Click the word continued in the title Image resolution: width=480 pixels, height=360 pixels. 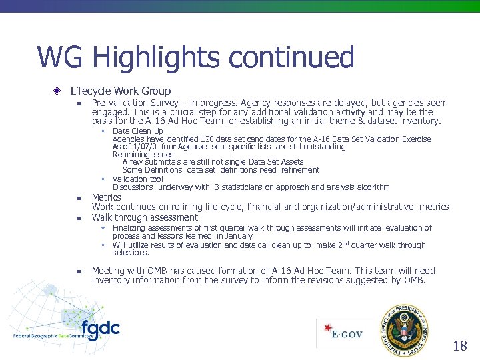tap(291, 58)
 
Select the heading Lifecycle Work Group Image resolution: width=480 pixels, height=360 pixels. tap(120, 91)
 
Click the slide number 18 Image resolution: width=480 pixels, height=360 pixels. tap(460, 345)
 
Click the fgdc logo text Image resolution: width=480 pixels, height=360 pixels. tap(100, 329)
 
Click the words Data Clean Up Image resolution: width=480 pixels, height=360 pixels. tap(138, 131)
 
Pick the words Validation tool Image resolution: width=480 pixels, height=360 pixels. tap(138, 179)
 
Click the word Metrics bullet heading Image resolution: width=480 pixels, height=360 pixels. tap(107, 197)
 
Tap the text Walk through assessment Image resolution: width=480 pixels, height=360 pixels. tap(145, 217)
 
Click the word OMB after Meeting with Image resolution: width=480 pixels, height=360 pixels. tap(157, 271)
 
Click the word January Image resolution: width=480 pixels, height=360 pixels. tap(238, 235)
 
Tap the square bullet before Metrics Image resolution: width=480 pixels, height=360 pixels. tap(78, 198)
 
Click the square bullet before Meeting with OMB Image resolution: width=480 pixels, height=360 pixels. tap(78, 271)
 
